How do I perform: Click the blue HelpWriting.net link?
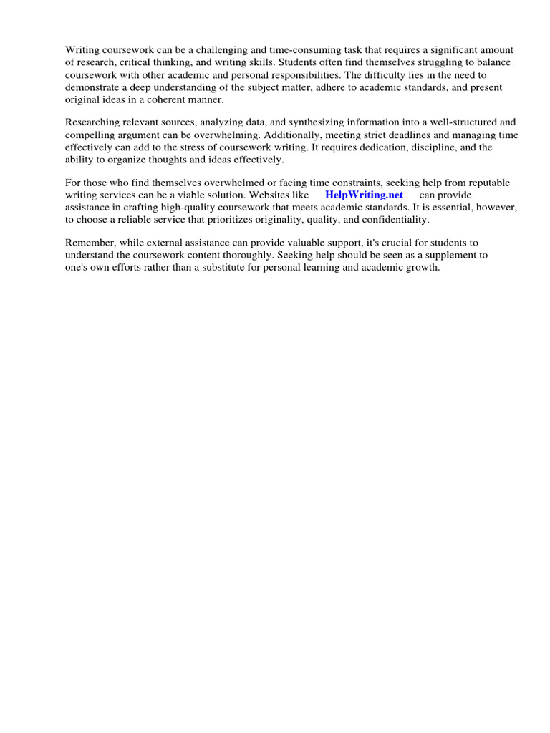[364, 195]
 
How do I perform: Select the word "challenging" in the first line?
[199, 50]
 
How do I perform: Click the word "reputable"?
[483, 183]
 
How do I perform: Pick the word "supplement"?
[453, 256]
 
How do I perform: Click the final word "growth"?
[422, 268]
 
